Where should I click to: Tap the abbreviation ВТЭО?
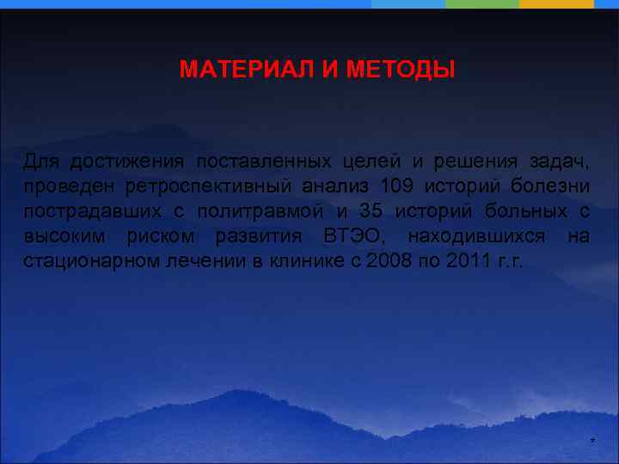click(349, 236)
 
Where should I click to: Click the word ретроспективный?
click(199, 186)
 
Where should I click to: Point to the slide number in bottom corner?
click(591, 442)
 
